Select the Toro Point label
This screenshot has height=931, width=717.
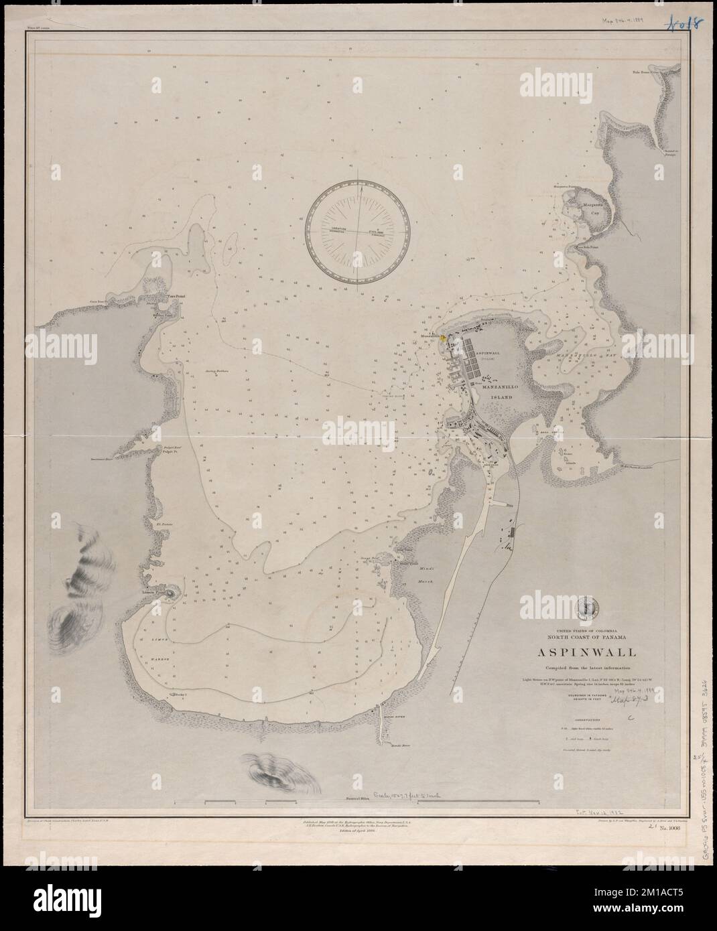(175, 296)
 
